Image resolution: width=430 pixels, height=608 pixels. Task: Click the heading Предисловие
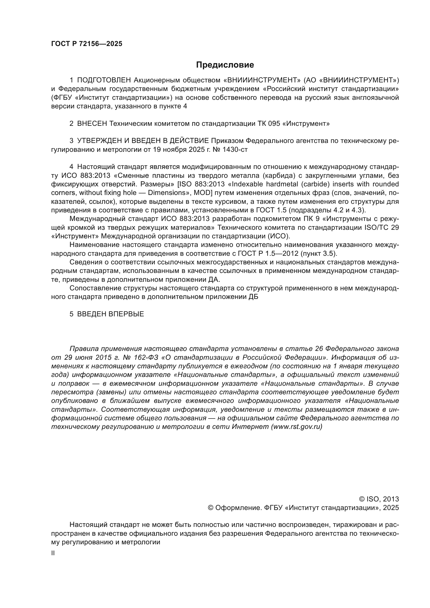(225, 65)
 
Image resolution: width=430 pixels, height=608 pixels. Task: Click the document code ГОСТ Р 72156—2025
(87, 44)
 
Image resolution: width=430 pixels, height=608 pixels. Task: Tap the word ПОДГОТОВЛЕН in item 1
(104, 80)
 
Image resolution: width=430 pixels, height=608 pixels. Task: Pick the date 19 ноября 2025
(175, 150)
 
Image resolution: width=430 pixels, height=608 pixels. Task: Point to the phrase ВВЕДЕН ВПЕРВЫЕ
(110, 314)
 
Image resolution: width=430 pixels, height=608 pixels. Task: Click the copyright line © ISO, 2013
(379, 499)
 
